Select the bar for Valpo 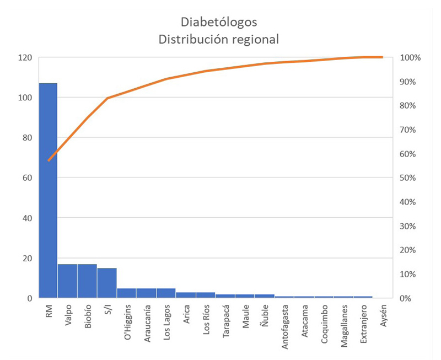coord(67,281)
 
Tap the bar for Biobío coord(87,281)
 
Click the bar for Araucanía coord(146,293)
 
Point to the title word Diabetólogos coord(219,23)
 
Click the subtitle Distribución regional coord(219,40)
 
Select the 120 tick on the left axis coord(24,58)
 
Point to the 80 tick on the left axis coord(26,138)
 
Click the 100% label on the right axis coord(411,58)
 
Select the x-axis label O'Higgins coord(127,323)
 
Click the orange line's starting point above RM coord(49,160)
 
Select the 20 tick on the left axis coord(26,259)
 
